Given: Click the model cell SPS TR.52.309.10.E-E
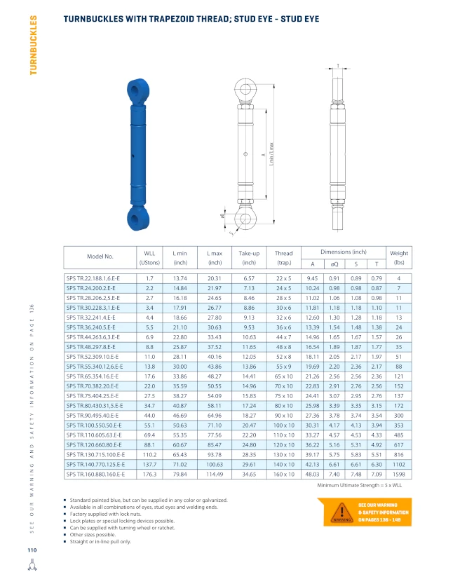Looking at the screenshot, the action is tap(93, 357).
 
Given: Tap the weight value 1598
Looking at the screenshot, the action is tap(399, 475).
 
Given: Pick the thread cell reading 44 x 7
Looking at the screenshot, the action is tap(283, 337).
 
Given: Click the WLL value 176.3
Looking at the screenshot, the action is tap(149, 475).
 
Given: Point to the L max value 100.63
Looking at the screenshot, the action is tap(215, 464).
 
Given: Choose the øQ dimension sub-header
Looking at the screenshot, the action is tap(334, 264).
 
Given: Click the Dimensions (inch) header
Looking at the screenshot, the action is tap(344, 252).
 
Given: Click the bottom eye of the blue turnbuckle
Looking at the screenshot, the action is tap(138, 218).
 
